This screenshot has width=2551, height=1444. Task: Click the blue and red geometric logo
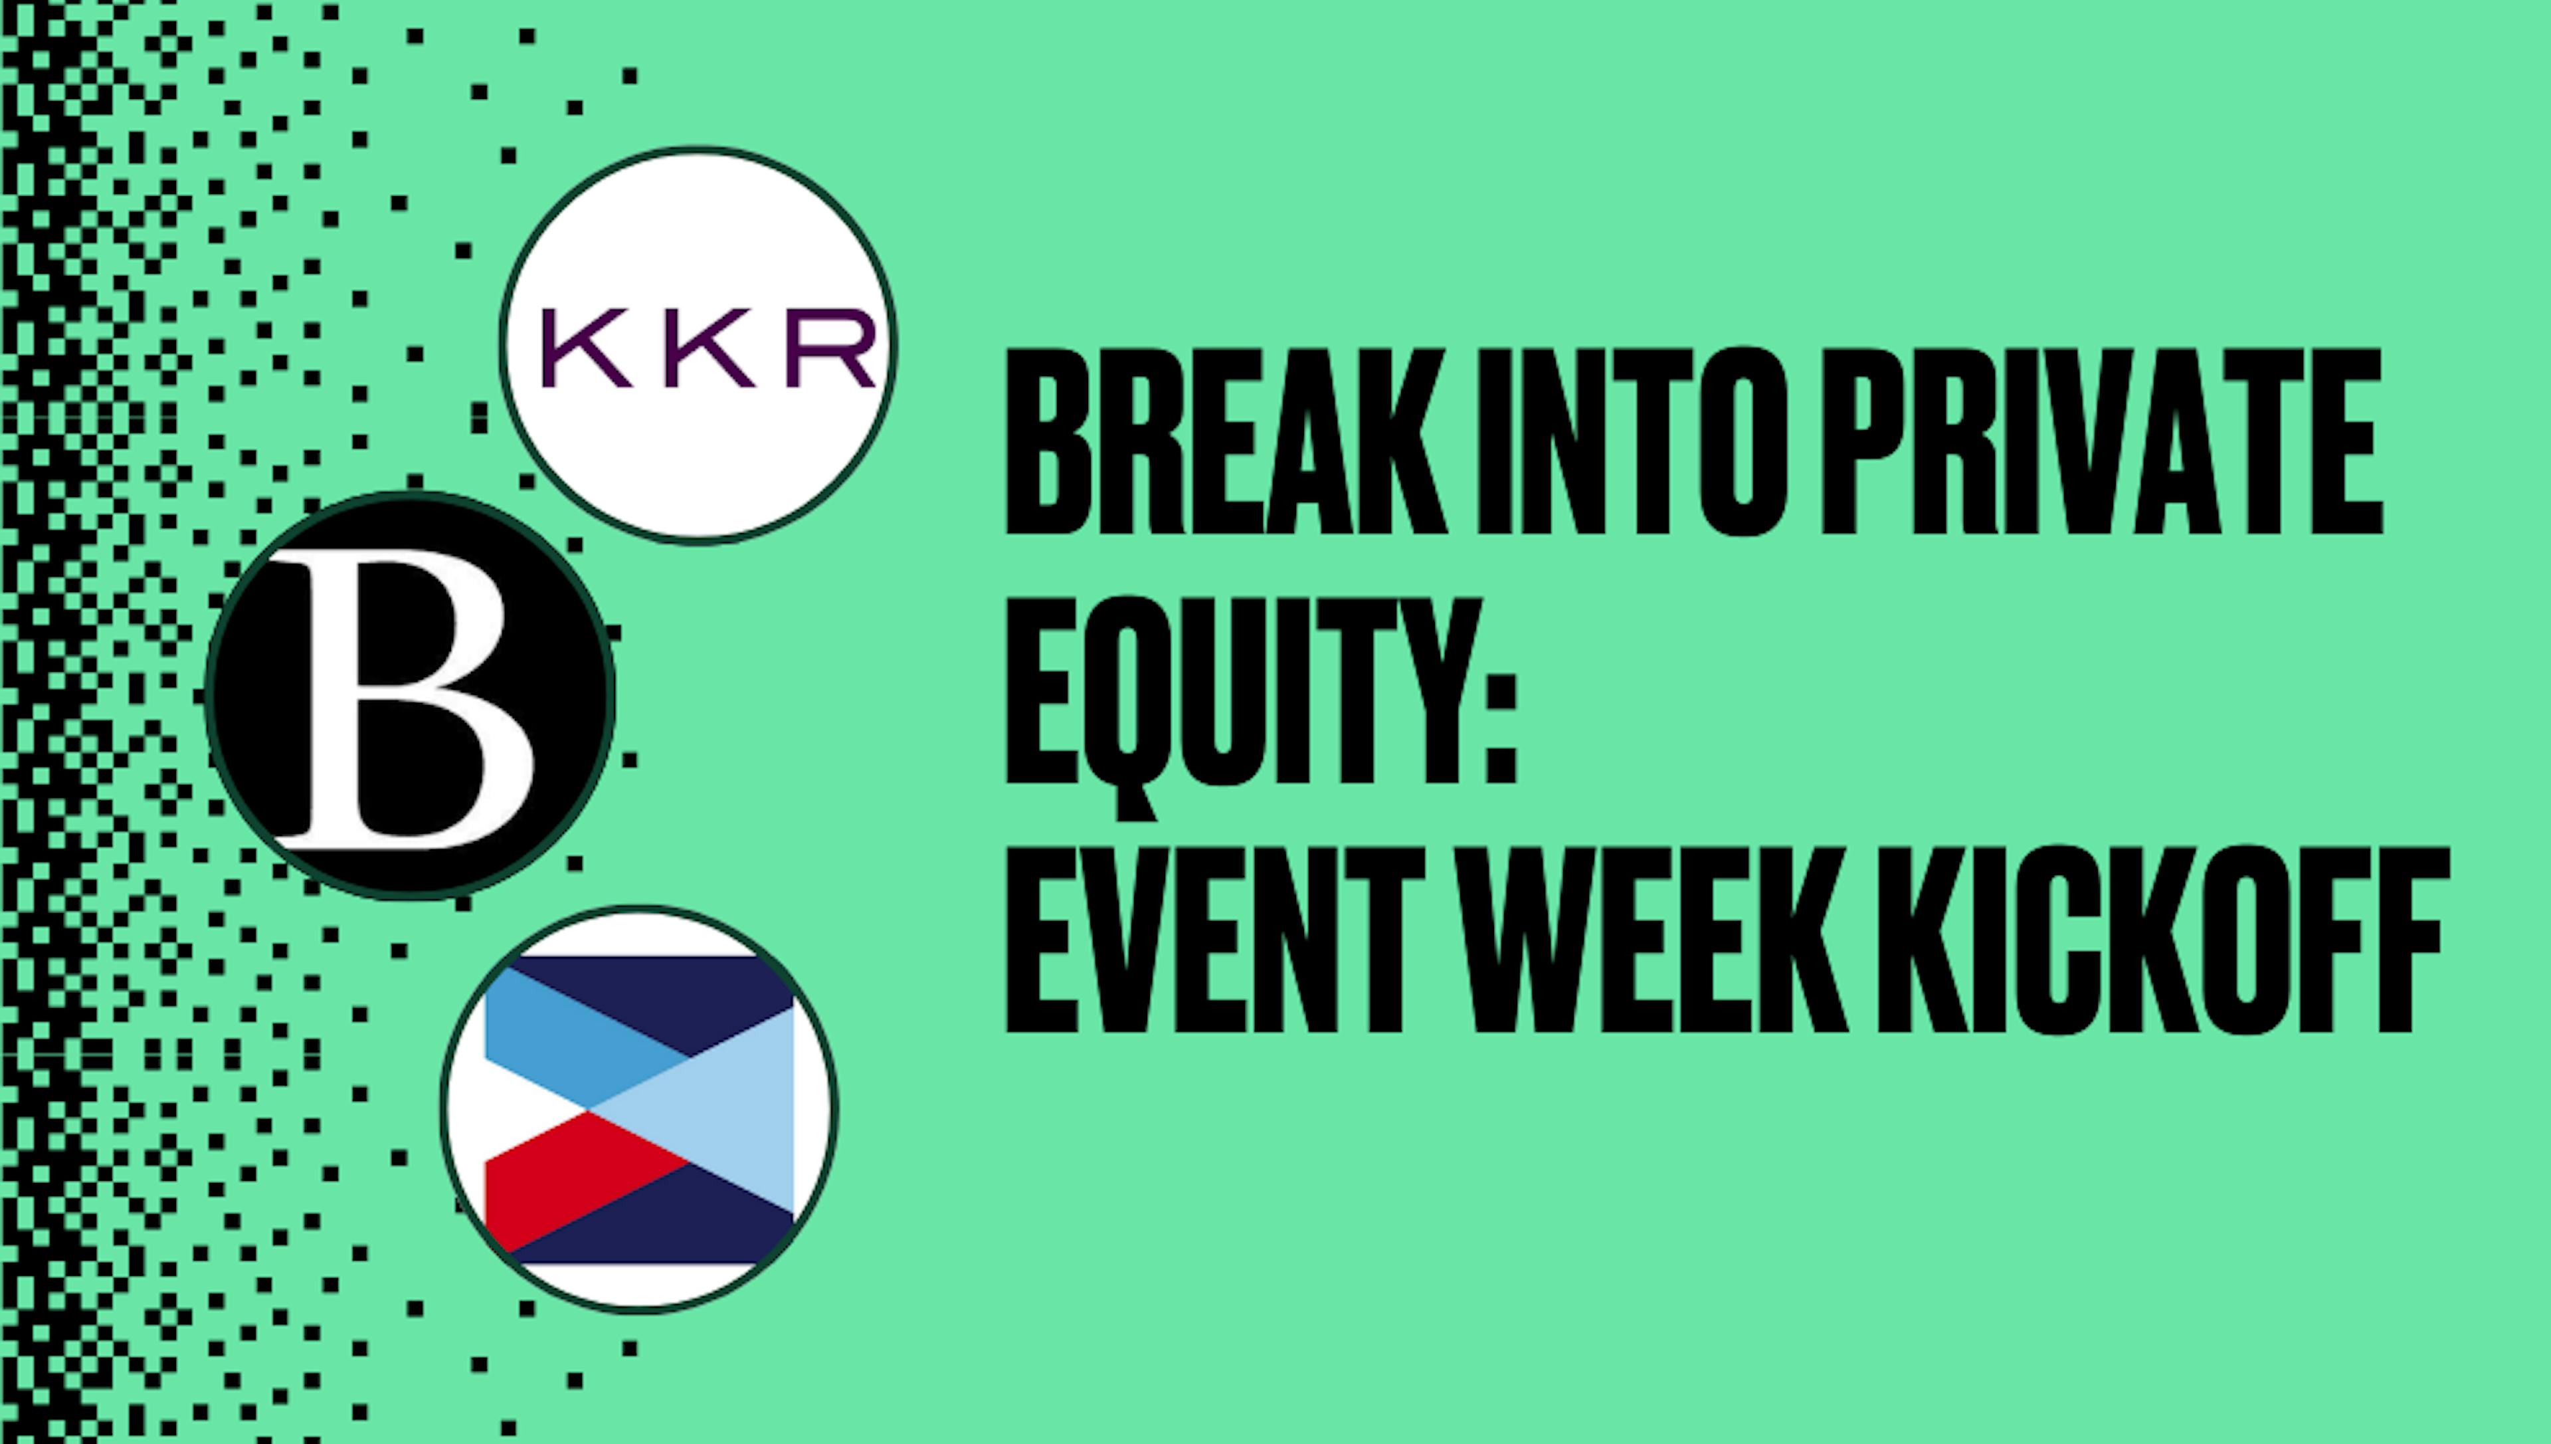pyautogui.click(x=640, y=1109)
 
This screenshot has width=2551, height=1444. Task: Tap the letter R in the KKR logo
pyautogui.click(x=831, y=348)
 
